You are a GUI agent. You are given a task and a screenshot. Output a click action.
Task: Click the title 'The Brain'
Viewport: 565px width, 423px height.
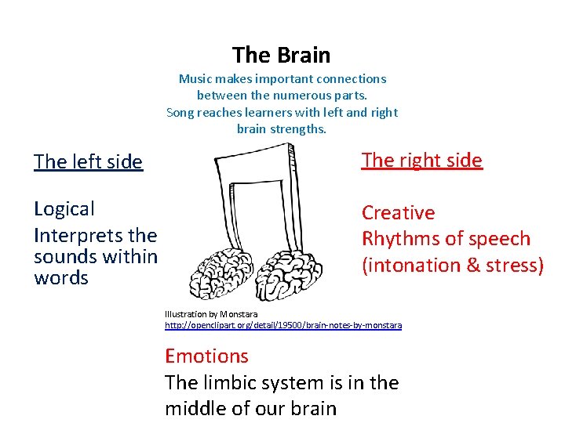click(x=281, y=56)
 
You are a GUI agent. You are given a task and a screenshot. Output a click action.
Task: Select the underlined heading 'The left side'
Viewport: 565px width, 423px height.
click(x=88, y=162)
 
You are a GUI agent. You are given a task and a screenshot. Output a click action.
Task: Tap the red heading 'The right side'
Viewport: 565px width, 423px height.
click(x=421, y=161)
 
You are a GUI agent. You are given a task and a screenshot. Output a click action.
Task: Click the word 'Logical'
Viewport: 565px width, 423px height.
click(x=64, y=209)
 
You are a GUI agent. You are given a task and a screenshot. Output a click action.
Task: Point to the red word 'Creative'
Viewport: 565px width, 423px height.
click(x=398, y=213)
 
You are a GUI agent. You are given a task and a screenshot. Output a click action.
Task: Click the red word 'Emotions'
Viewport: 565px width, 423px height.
click(x=206, y=356)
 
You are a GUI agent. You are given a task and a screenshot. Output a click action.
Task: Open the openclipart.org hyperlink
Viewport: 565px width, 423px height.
click(x=282, y=325)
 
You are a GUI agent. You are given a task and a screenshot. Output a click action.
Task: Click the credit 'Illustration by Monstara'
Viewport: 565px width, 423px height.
click(x=211, y=314)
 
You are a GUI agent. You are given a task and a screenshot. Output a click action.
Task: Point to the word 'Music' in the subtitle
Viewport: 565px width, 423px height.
click(x=195, y=79)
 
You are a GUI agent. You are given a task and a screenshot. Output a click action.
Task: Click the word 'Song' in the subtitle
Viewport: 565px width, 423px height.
click(x=180, y=112)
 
